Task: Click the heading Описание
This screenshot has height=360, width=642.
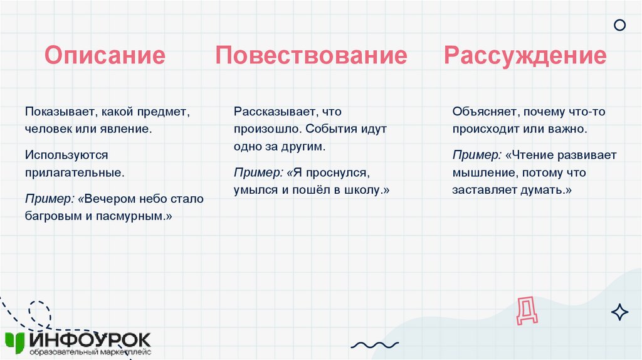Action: [105, 56]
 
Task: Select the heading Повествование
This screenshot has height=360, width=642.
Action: [311, 56]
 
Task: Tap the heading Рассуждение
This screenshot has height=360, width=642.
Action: [525, 56]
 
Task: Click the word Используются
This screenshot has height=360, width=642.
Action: [67, 154]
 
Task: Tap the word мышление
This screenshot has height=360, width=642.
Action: [480, 172]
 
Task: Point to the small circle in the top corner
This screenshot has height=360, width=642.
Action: [619, 25]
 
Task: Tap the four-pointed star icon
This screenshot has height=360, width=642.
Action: [619, 312]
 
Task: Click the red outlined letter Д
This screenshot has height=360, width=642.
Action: [526, 310]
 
